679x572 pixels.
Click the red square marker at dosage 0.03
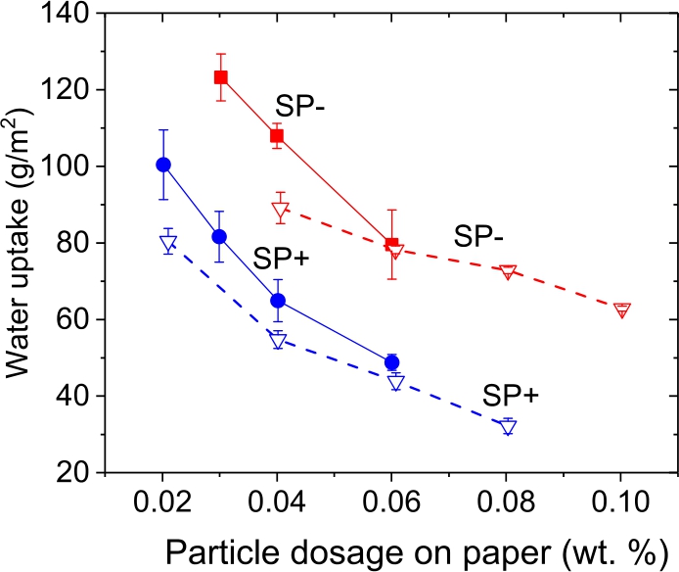tap(220, 77)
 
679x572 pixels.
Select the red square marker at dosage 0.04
tap(277, 135)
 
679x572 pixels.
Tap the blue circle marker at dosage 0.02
tap(163, 165)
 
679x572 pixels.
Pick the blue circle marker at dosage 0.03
tap(220, 237)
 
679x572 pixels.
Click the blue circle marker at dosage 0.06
tap(392, 362)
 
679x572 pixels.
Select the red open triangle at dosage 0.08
tap(507, 271)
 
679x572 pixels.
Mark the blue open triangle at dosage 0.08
tap(507, 426)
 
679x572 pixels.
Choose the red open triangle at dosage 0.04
tap(281, 210)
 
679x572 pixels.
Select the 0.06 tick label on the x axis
tap(391, 498)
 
